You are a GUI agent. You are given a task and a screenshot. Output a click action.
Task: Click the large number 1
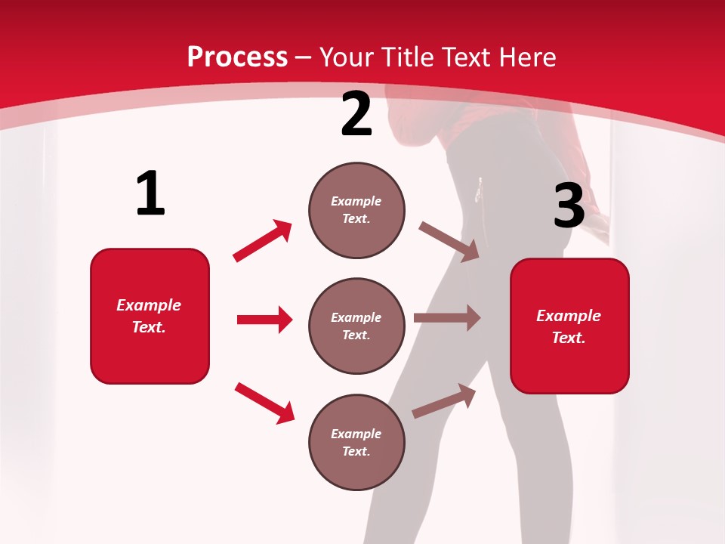pyautogui.click(x=150, y=194)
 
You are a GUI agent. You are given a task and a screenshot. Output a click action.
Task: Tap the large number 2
pyautogui.click(x=356, y=115)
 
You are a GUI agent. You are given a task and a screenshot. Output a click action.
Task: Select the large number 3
pyautogui.click(x=569, y=206)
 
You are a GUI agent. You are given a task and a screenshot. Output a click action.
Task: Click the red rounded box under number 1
pyautogui.click(x=150, y=316)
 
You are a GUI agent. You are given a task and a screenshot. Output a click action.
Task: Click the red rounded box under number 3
pyautogui.click(x=569, y=326)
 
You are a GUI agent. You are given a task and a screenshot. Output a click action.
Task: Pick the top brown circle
pyautogui.click(x=356, y=210)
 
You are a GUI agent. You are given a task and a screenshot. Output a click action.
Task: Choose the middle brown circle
pyautogui.click(x=356, y=326)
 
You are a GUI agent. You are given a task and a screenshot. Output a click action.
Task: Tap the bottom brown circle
pyautogui.click(x=356, y=442)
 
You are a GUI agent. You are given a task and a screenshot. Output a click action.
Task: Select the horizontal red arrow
pyautogui.click(x=264, y=320)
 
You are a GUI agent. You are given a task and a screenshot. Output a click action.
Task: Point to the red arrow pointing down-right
pyautogui.click(x=264, y=403)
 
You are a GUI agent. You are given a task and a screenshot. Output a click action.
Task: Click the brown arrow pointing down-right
pyautogui.click(x=449, y=242)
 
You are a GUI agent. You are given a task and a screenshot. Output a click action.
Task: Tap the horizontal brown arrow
pyautogui.click(x=447, y=318)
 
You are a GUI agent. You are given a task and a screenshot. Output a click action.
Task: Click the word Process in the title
pyautogui.click(x=237, y=57)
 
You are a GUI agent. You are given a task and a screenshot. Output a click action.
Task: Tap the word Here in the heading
pyautogui.click(x=527, y=57)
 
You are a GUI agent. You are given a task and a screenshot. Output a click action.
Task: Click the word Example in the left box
pyautogui.click(x=149, y=305)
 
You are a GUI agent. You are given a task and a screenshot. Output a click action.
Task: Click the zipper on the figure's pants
pyautogui.click(x=479, y=191)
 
